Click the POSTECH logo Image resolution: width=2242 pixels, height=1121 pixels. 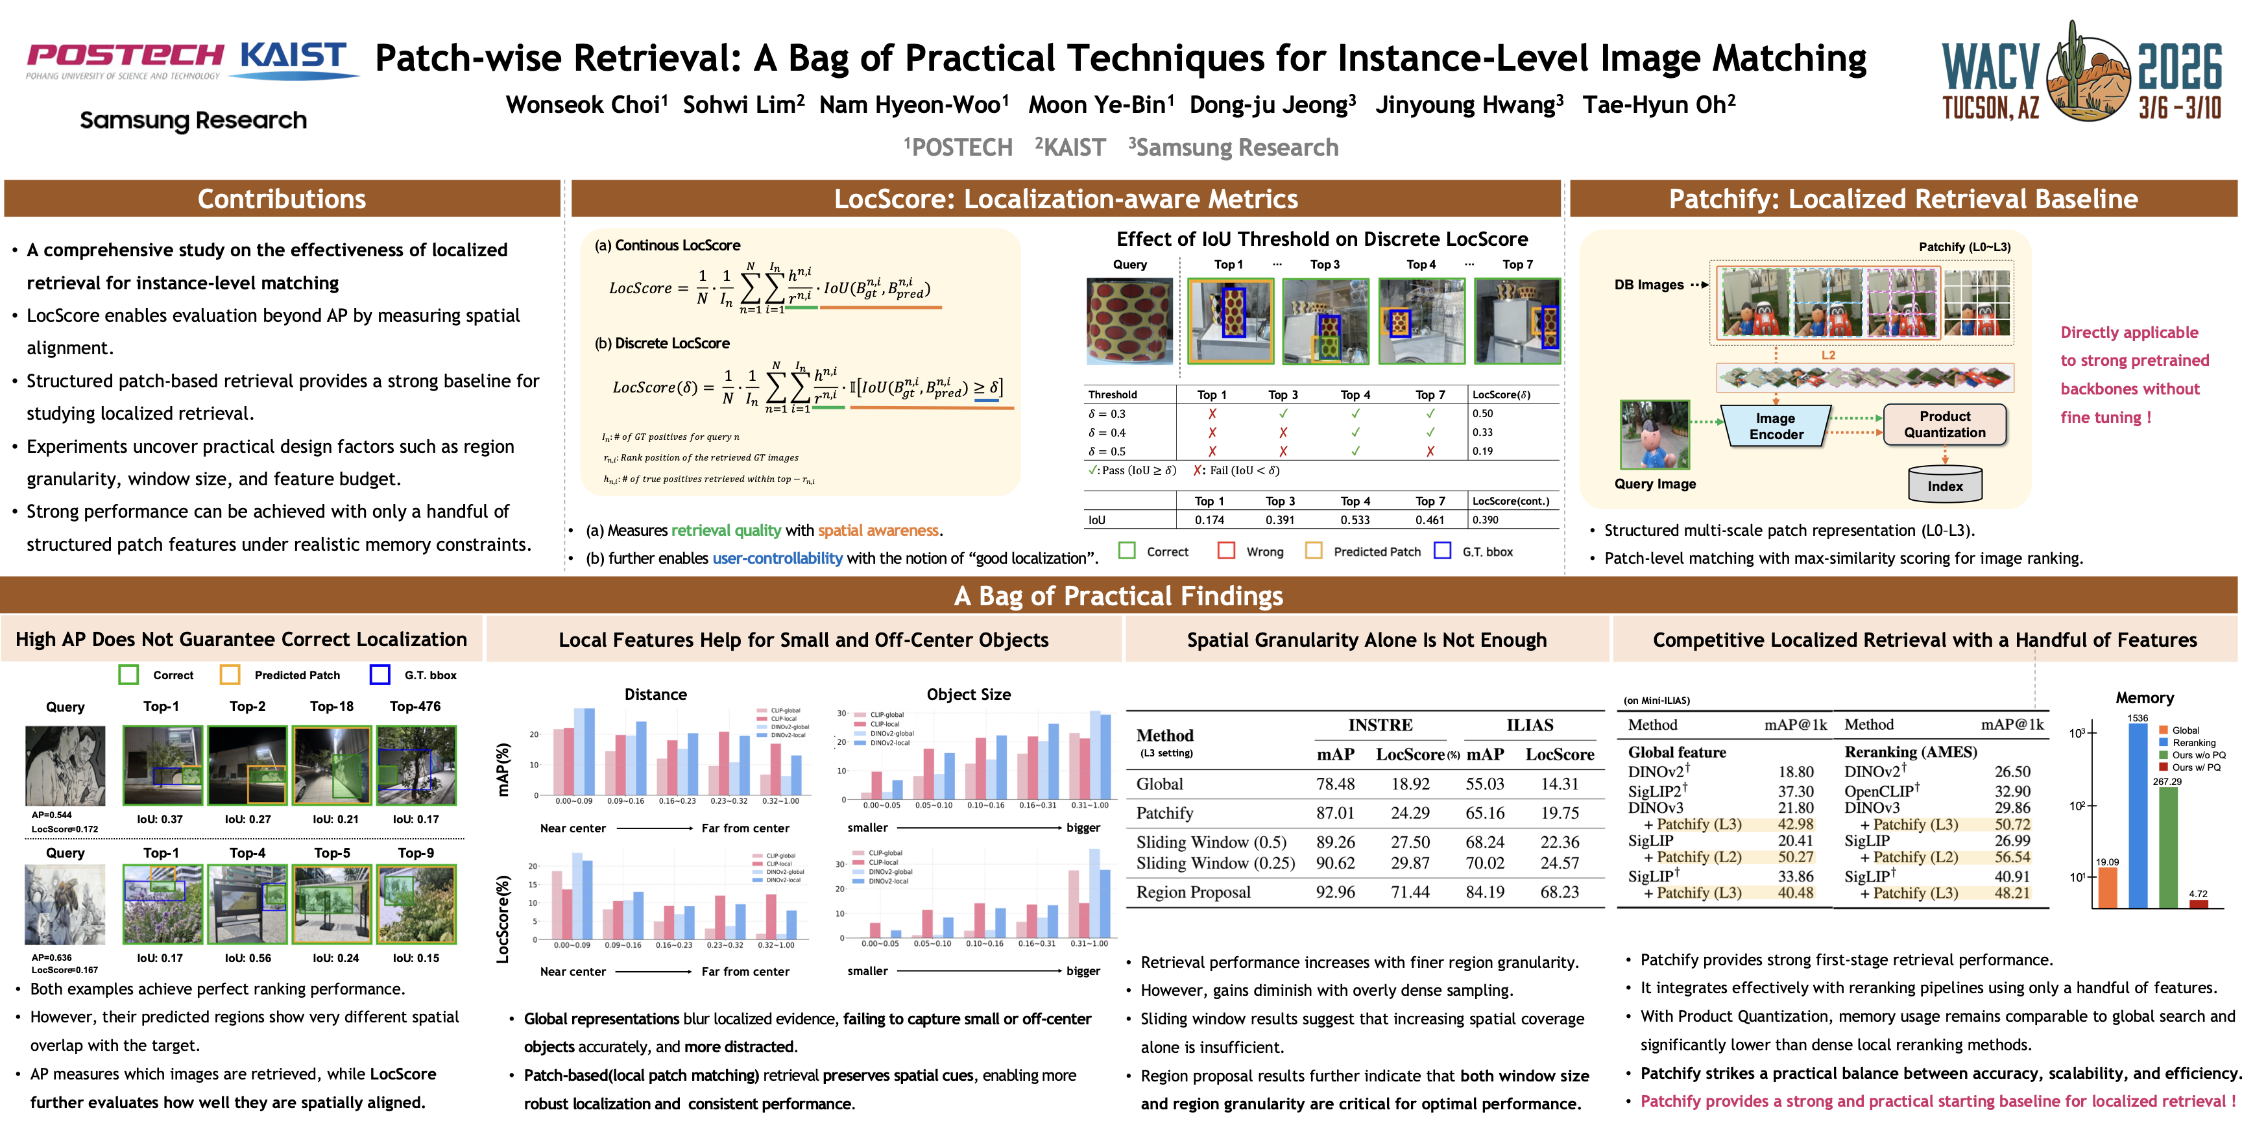point(125,58)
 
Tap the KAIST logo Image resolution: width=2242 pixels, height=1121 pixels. point(293,58)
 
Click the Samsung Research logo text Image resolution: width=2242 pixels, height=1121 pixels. point(193,120)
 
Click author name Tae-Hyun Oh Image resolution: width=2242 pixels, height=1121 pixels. point(1658,105)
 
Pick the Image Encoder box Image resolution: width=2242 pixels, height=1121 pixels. point(1776,426)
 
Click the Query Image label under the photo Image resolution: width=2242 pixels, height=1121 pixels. point(1654,484)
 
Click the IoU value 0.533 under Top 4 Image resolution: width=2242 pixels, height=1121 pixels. point(1355,520)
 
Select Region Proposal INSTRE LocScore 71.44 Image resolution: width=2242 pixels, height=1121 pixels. point(1409,892)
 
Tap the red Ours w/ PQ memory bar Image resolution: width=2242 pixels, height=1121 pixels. point(2199,904)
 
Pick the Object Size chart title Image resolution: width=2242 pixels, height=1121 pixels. point(968,695)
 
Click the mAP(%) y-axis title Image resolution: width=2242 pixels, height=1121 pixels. point(502,770)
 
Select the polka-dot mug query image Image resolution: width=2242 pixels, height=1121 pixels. point(1129,320)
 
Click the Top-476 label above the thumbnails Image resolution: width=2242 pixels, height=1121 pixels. point(415,706)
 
